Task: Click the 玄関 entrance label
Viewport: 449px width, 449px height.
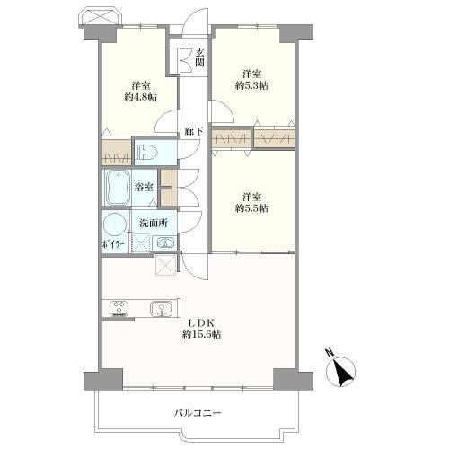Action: click(200, 58)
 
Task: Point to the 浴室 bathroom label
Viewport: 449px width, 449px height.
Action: click(144, 188)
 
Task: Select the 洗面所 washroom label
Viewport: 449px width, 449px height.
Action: click(153, 222)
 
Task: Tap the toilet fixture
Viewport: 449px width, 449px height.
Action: click(146, 150)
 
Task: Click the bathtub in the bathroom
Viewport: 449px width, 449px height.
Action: click(118, 188)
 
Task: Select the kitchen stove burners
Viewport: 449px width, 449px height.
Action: click(119, 308)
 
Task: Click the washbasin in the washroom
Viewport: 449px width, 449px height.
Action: click(164, 242)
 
